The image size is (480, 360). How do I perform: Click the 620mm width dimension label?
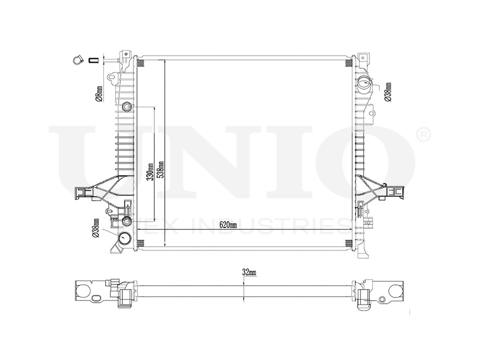click(x=228, y=225)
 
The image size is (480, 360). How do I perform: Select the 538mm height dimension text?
click(x=162, y=168)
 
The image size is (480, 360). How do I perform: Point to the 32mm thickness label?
click(x=250, y=272)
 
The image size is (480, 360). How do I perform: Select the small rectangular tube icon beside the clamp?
click(x=94, y=60)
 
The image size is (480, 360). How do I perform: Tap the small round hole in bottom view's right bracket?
click(x=382, y=300)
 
